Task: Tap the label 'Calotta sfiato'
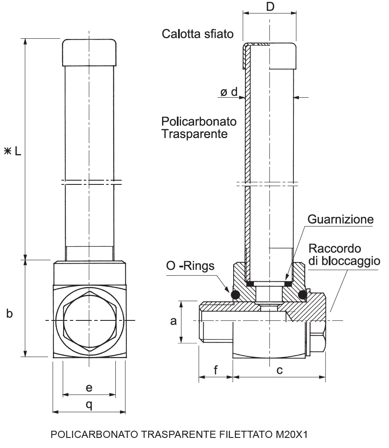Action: coord(197,34)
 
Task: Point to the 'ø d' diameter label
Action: coord(229,92)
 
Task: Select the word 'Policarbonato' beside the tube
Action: coord(199,122)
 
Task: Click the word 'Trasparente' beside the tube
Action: coord(194,134)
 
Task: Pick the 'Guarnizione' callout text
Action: coord(341,220)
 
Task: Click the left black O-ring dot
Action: coord(235,295)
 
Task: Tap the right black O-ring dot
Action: coord(303,295)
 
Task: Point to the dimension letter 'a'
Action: coord(173,322)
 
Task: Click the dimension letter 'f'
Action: coord(216,370)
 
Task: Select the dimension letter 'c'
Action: coord(279,370)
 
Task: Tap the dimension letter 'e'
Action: coord(89,387)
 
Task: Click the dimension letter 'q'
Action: coord(89,404)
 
